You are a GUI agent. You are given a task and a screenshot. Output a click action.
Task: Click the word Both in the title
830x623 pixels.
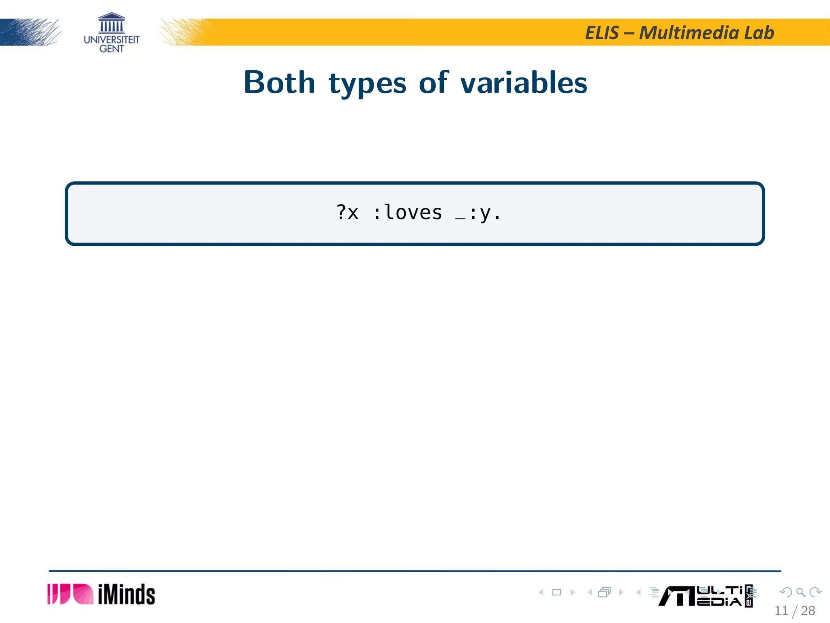pos(279,82)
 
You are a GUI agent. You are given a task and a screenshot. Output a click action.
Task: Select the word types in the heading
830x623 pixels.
pos(367,84)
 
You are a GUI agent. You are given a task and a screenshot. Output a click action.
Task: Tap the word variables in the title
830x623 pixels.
pos(524,82)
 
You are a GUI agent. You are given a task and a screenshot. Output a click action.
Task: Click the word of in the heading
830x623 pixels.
pos(433,82)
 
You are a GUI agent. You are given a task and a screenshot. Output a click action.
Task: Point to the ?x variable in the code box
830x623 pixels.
pos(347,213)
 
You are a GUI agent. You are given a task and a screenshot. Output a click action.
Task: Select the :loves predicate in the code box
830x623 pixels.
pos(407,213)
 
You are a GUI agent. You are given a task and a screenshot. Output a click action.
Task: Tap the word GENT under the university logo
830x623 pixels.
pos(111,49)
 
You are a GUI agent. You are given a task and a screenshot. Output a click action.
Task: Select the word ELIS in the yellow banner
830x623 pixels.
pos(602,33)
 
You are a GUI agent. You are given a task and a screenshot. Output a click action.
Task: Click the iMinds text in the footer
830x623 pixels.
pos(126,595)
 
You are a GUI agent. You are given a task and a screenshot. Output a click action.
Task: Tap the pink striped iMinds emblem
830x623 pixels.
pos(70,594)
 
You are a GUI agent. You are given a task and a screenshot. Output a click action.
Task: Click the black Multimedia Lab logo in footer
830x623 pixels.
pos(705,596)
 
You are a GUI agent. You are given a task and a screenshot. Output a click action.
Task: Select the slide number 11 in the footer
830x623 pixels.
pos(781,610)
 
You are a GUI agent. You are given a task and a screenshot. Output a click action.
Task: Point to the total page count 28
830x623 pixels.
pos(808,610)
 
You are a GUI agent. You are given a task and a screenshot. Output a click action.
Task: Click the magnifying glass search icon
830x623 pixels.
pos(800,592)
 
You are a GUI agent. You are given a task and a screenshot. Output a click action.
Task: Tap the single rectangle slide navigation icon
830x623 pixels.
pos(557,592)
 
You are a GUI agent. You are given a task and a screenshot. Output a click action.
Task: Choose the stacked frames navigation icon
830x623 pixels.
pos(604,592)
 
